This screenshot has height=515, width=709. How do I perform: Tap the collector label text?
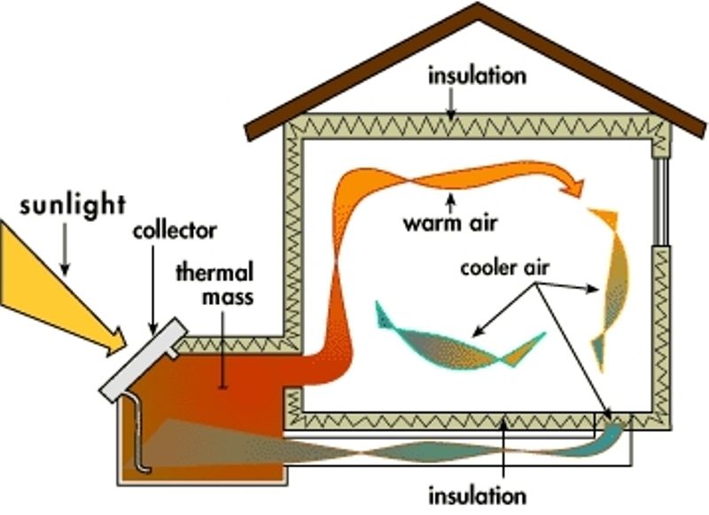tap(175, 231)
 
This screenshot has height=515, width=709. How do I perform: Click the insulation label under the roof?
tap(477, 74)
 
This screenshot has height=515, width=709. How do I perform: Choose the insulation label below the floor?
tap(477, 493)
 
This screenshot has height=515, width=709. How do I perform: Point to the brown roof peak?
tap(479, 11)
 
